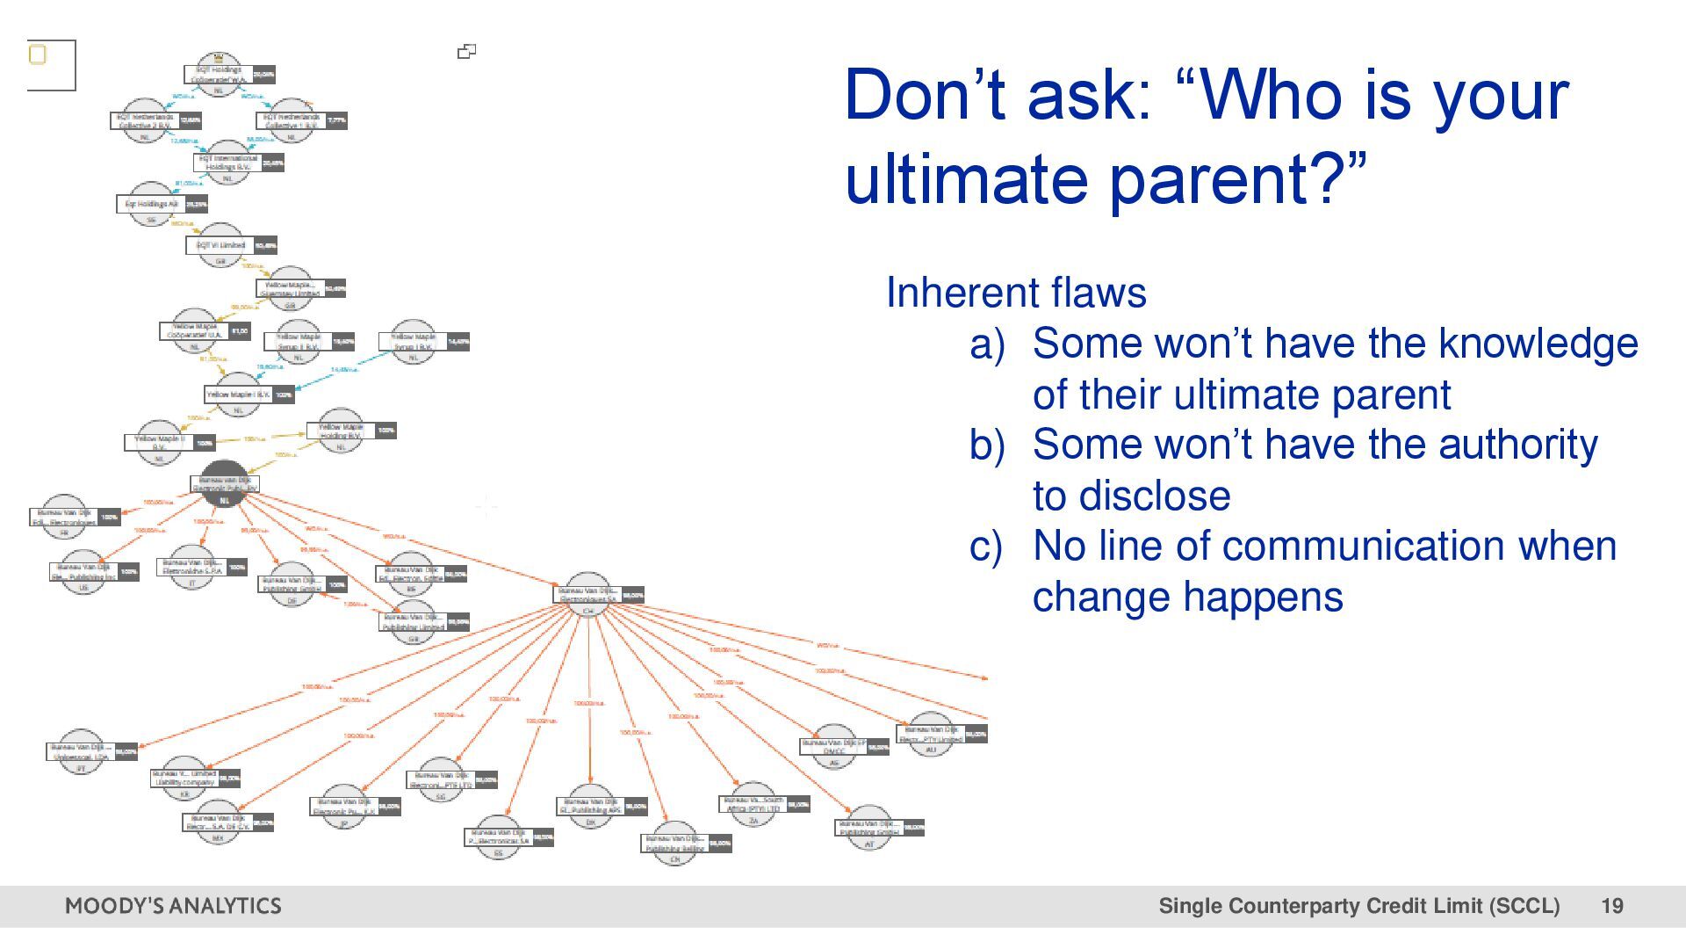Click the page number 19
point(1611,906)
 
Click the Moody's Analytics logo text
point(173,906)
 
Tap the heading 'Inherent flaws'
point(1016,293)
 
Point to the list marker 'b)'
point(987,446)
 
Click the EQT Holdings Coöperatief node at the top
point(220,74)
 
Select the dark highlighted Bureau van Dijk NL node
point(224,483)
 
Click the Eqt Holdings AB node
point(151,205)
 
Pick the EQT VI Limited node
point(221,246)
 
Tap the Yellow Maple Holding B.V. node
point(341,431)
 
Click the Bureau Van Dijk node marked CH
point(588,595)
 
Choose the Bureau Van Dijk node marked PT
point(81,752)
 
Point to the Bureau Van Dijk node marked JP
point(344,807)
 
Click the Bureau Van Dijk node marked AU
point(931,735)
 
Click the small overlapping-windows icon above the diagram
point(467,52)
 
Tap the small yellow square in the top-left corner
point(38,55)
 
